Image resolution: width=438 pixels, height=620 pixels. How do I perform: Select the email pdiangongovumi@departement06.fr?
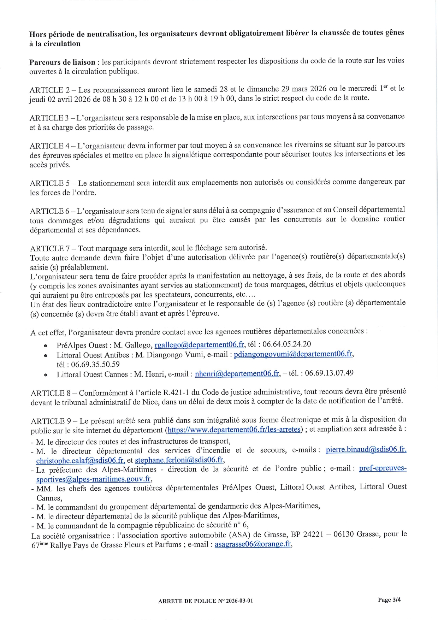[x=293, y=354]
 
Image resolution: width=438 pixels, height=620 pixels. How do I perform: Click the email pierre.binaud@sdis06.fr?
[x=366, y=449]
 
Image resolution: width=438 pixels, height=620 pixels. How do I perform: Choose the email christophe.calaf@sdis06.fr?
[x=81, y=460]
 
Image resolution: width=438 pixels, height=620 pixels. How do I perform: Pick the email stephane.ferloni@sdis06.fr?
[x=179, y=460]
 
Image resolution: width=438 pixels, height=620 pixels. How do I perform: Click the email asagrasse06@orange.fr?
[x=253, y=544]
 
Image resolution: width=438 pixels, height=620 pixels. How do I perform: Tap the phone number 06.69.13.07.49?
[x=329, y=373]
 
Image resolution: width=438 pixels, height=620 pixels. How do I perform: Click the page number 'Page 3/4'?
[x=389, y=600]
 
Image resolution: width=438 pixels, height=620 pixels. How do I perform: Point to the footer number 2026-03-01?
[x=239, y=601]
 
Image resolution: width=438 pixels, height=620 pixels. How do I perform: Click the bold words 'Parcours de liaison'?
[x=62, y=63]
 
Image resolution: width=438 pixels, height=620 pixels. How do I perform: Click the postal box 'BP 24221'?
[x=307, y=534]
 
